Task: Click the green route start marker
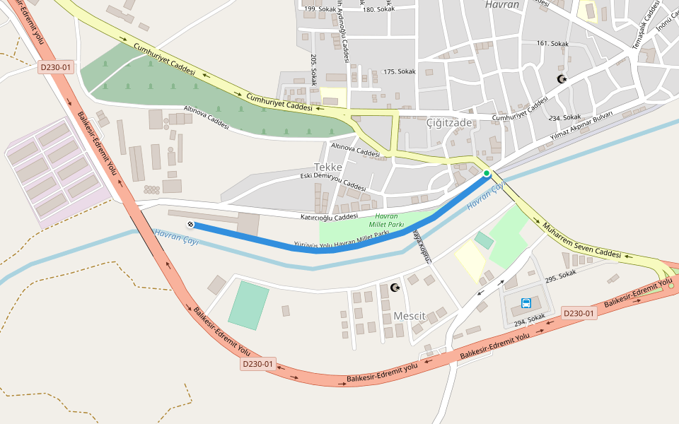click(x=487, y=173)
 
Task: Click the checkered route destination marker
click(x=190, y=225)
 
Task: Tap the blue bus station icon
click(x=526, y=303)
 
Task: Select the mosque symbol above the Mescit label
click(x=395, y=288)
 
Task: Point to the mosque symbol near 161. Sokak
click(x=562, y=79)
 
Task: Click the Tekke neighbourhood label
click(x=328, y=167)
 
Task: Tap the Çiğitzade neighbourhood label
click(x=449, y=122)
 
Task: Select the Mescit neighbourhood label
click(x=410, y=316)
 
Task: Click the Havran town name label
click(x=502, y=4)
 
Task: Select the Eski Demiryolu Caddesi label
click(x=333, y=182)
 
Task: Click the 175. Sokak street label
click(x=400, y=71)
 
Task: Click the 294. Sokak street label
click(x=529, y=320)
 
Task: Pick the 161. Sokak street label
click(x=552, y=44)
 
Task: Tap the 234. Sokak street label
click(x=565, y=117)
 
